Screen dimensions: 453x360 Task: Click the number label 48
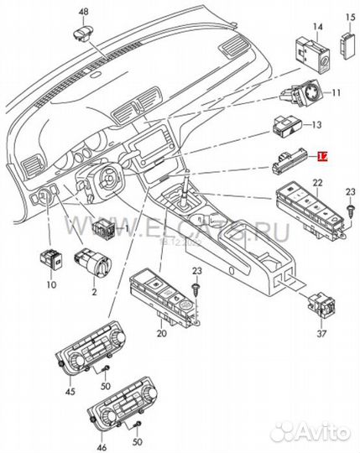click(83, 11)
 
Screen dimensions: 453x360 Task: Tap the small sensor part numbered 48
click(83, 33)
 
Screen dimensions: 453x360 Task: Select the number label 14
click(317, 26)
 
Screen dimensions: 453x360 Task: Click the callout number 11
click(337, 93)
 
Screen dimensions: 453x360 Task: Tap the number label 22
click(317, 183)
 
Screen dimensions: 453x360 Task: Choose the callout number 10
click(51, 285)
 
